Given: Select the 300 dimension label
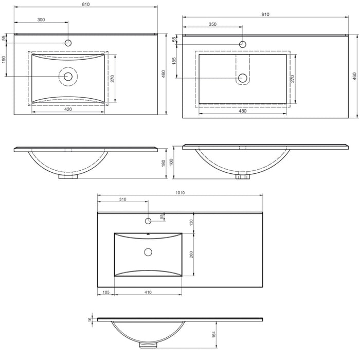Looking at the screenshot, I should click(x=41, y=20).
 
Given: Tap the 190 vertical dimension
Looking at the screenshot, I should click(x=4, y=60).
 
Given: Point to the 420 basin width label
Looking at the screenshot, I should click(x=68, y=109).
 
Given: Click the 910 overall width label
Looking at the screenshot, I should click(x=265, y=14).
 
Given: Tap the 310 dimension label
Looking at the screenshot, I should click(x=122, y=199).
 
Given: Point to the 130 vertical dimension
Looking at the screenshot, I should click(x=191, y=222).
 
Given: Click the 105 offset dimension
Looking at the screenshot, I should click(x=106, y=292).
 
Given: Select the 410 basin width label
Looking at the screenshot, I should click(x=148, y=292).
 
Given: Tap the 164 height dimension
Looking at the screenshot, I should click(x=213, y=335).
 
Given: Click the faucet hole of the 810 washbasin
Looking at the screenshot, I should click(x=68, y=43).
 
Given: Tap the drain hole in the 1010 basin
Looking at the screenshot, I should click(x=148, y=252).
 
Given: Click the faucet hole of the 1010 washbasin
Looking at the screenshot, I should click(x=148, y=221).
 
